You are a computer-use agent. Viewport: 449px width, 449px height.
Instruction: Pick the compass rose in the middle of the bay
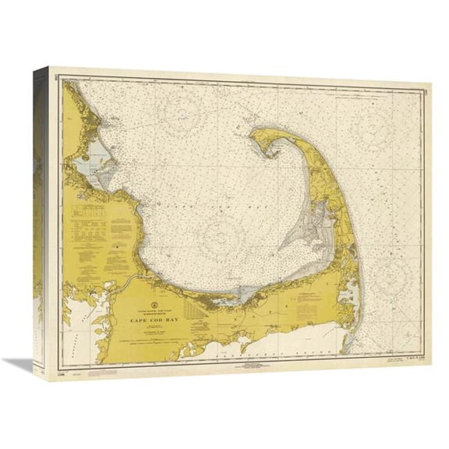tap(226, 234)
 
